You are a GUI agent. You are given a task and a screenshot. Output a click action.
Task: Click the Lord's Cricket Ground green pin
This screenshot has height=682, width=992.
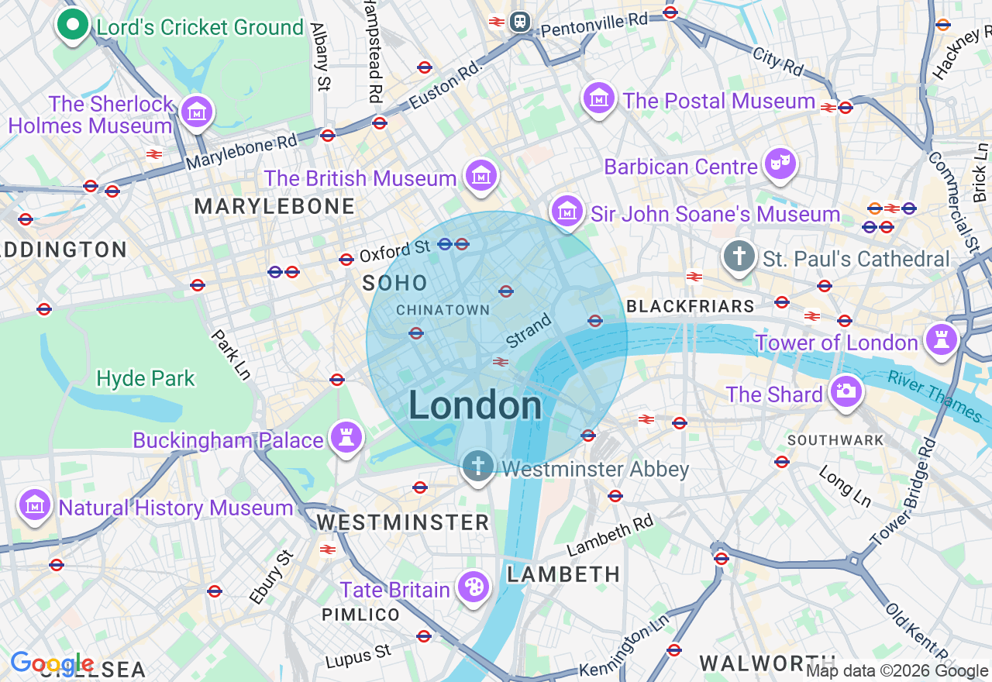pos(73,26)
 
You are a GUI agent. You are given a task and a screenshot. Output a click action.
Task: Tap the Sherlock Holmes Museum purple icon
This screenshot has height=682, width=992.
pos(197,112)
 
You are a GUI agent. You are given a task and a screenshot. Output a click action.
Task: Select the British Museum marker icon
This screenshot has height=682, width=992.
pos(481,176)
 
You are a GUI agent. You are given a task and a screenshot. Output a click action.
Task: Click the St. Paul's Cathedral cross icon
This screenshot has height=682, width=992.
pos(739,256)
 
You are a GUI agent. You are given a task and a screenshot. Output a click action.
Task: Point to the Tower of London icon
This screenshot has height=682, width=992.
pos(942,340)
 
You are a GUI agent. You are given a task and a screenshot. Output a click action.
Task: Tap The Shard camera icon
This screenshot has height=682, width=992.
pos(846,391)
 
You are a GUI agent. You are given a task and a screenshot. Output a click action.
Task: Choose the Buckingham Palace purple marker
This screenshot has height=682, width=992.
pos(346,438)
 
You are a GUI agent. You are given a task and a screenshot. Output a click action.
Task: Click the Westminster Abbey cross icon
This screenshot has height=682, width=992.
pos(478,467)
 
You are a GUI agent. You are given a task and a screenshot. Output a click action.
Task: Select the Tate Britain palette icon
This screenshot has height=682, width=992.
pos(473,587)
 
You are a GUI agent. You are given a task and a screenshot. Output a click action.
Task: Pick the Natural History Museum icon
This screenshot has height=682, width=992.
pos(35,505)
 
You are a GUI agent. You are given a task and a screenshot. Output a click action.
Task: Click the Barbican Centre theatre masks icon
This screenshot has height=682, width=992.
pos(780,164)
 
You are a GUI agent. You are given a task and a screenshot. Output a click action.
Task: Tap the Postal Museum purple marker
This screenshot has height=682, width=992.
pos(599,98)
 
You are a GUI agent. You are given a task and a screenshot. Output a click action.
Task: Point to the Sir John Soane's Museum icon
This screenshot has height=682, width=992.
pos(567,211)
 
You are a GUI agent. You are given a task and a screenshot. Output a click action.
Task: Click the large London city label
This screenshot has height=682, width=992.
pos(475,405)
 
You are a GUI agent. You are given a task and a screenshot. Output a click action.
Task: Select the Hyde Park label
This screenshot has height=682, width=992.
pos(146,378)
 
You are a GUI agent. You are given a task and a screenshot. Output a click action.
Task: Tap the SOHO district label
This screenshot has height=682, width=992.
pos(394,283)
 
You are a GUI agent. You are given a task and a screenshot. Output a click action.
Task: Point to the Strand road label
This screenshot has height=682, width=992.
pos(529,329)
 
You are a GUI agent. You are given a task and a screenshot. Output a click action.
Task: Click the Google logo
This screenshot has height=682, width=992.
pos(51,663)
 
